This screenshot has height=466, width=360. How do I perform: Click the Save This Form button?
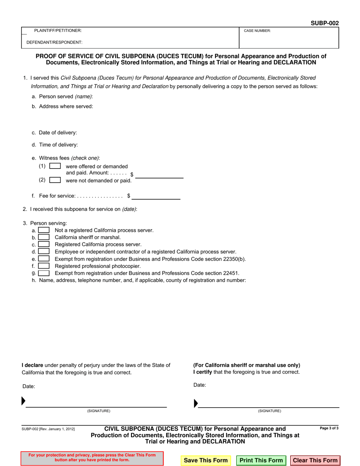[205, 460]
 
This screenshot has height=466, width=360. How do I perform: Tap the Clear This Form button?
[315, 460]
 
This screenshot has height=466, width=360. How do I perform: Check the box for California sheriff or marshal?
[44, 237]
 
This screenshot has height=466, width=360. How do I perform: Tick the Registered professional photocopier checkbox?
[44, 266]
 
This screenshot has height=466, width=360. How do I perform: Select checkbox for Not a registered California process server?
[44, 230]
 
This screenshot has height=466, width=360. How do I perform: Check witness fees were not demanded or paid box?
[55, 180]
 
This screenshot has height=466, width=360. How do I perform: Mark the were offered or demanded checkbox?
[55, 166]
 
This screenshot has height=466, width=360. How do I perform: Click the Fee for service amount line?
[156, 196]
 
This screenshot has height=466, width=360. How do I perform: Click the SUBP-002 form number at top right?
[324, 23]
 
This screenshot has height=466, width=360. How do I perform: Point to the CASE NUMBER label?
[257, 31]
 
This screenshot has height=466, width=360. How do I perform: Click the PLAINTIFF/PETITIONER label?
[58, 30]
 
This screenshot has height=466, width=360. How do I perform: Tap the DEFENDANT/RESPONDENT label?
[54, 42]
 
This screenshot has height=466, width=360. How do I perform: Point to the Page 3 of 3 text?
[329, 428]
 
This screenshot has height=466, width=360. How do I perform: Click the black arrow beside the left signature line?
[23, 400]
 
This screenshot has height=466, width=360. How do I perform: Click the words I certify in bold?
[202, 372]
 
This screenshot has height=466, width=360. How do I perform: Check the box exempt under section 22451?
[44, 273]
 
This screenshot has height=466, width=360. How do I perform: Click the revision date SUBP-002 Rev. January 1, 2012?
[48, 429]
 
